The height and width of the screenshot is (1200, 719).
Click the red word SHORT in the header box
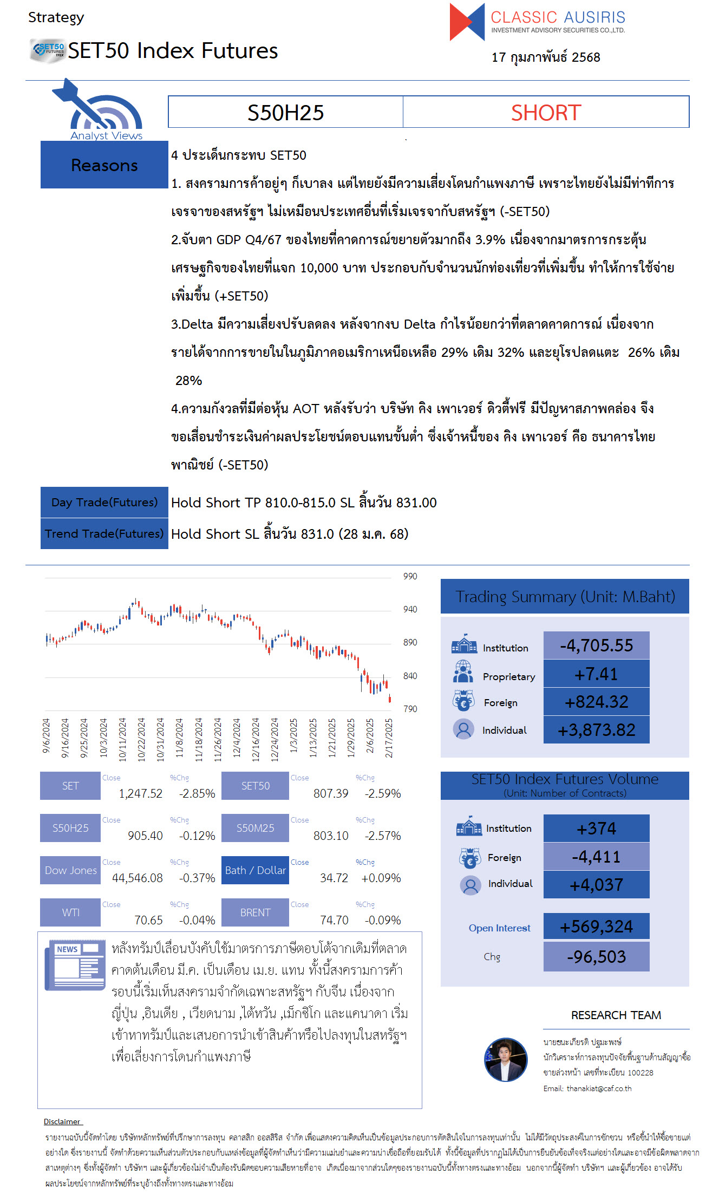(546, 113)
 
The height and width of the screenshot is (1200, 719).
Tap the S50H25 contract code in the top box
(285, 113)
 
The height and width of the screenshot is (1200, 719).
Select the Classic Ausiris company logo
(537, 22)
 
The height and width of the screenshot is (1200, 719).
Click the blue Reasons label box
(104, 165)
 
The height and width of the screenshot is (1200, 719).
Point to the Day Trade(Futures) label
(104, 503)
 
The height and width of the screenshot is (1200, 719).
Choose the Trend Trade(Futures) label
(104, 534)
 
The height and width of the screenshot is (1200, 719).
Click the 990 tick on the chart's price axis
(410, 576)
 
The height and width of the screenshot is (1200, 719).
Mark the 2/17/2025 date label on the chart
(389, 738)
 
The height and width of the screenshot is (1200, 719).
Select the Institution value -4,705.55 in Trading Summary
(596, 645)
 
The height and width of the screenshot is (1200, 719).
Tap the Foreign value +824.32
(596, 702)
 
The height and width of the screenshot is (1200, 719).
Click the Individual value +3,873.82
(596, 730)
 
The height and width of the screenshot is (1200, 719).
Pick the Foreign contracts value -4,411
(596, 857)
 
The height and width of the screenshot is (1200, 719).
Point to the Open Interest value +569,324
(596, 927)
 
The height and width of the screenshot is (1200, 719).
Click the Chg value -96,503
(596, 957)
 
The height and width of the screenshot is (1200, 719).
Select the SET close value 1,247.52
(140, 793)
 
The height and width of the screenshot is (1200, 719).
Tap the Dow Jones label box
(70, 870)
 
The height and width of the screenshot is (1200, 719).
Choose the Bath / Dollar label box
(255, 870)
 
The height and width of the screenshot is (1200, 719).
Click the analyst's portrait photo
(506, 1059)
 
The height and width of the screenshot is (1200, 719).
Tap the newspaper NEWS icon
(75, 965)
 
